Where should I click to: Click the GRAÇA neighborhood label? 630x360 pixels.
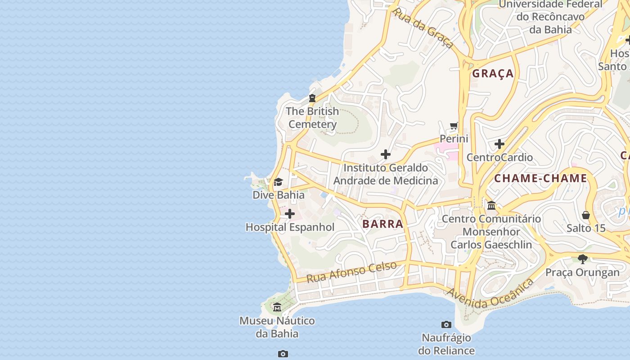pyautogui.click(x=493, y=73)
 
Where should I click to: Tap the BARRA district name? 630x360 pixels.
pyautogui.click(x=382, y=224)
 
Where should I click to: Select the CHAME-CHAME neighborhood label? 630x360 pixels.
pyautogui.click(x=540, y=178)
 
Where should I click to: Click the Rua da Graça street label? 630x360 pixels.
pyautogui.click(x=423, y=27)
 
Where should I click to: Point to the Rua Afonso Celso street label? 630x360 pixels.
pyautogui.click(x=351, y=271)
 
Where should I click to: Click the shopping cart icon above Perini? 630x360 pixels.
pyautogui.click(x=454, y=126)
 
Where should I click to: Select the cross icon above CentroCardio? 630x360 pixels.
pyautogui.click(x=499, y=144)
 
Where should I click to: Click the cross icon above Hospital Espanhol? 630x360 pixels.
pyautogui.click(x=290, y=214)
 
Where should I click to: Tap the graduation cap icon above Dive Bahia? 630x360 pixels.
pyautogui.click(x=278, y=182)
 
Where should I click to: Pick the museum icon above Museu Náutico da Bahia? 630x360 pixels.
pyautogui.click(x=277, y=307)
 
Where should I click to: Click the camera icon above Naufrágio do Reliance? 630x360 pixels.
pyautogui.click(x=446, y=324)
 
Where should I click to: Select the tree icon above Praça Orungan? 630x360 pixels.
pyautogui.click(x=583, y=259)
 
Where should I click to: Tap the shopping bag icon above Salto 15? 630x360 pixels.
pyautogui.click(x=586, y=215)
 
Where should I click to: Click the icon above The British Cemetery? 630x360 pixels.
pyautogui.click(x=312, y=98)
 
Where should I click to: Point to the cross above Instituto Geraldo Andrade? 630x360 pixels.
pyautogui.click(x=386, y=154)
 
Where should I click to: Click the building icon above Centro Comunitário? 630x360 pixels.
pyautogui.click(x=491, y=206)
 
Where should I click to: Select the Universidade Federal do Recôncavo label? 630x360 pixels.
pyautogui.click(x=550, y=17)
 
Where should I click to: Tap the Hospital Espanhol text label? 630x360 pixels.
pyautogui.click(x=290, y=227)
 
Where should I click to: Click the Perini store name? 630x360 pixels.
pyautogui.click(x=454, y=139)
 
